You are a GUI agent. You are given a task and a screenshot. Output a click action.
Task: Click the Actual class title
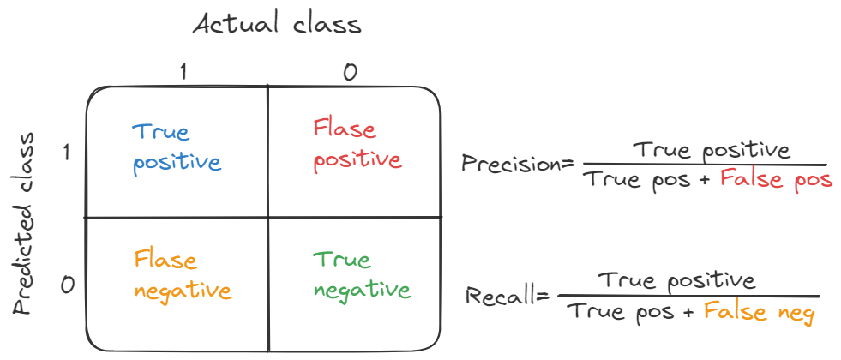pyautogui.click(x=277, y=24)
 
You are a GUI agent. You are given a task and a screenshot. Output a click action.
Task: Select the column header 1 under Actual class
pyautogui.click(x=183, y=73)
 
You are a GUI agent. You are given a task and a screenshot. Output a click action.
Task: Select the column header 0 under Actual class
pyautogui.click(x=350, y=73)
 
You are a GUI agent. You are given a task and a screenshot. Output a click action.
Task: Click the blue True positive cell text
pyautogui.click(x=176, y=147)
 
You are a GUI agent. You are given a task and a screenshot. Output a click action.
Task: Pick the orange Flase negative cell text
pyautogui.click(x=183, y=275)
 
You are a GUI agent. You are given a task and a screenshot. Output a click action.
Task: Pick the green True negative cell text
pyautogui.click(x=361, y=275)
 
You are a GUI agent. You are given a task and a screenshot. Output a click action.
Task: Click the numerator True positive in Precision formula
pyautogui.click(x=711, y=151)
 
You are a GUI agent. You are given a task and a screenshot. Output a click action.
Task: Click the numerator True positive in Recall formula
pyautogui.click(x=677, y=280)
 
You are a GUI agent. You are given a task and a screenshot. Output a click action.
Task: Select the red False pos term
pyautogui.click(x=776, y=180)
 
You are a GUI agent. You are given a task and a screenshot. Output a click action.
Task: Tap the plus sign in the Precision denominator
pyautogui.click(x=706, y=181)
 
